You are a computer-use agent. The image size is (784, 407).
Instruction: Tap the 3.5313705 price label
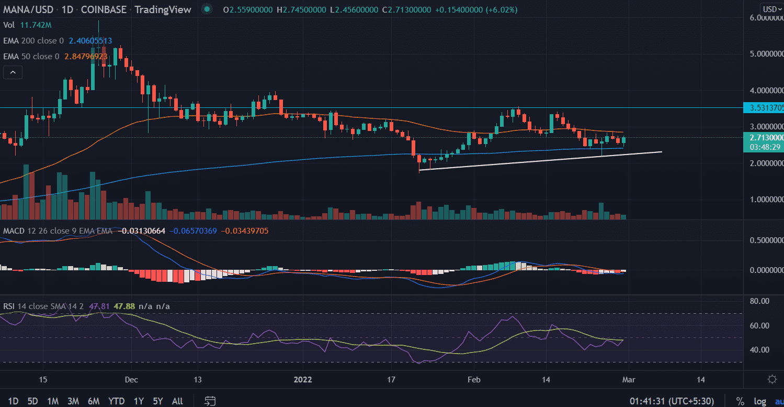764,108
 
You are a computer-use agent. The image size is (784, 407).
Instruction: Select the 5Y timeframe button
158,401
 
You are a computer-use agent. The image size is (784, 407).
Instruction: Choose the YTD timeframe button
116,401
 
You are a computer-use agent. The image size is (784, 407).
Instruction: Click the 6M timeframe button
94,401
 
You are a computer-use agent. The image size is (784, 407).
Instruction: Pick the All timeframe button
177,401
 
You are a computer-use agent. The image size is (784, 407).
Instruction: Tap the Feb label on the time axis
473,379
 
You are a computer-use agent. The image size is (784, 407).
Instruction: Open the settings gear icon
771,379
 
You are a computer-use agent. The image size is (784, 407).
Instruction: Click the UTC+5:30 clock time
672,401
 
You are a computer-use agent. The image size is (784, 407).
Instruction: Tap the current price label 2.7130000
763,137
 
